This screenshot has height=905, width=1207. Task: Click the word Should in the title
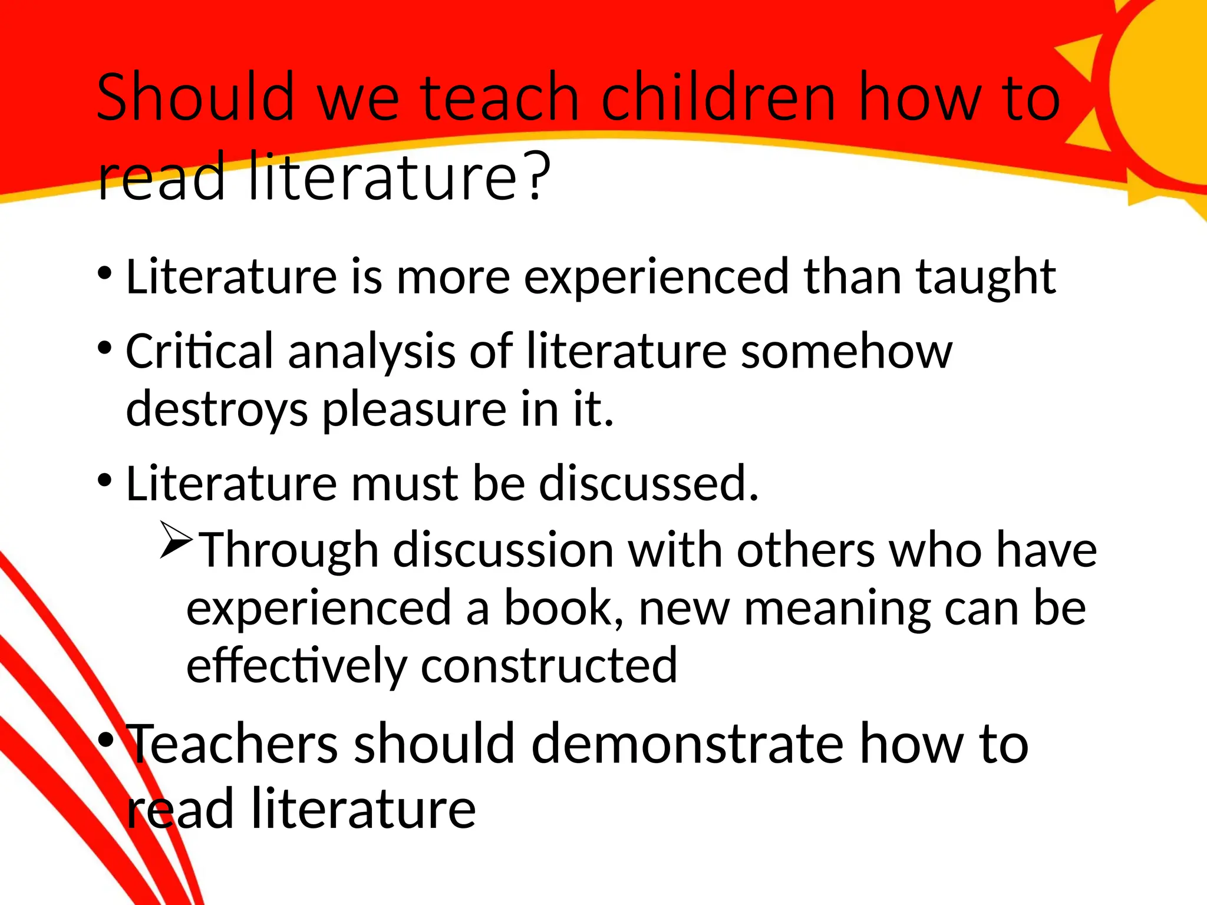tap(195, 97)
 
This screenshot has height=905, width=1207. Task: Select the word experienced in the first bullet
tap(656, 276)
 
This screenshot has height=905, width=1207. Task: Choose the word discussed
tap(648, 483)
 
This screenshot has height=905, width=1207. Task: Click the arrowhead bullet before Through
tap(176, 540)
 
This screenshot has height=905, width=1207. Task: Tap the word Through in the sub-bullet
tap(289, 550)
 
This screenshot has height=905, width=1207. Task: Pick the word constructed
tap(549, 665)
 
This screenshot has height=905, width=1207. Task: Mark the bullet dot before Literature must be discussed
tap(105, 480)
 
